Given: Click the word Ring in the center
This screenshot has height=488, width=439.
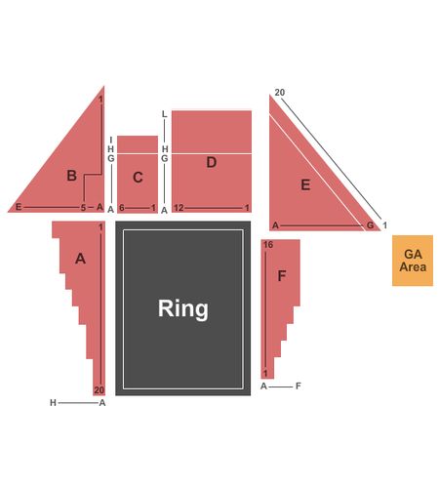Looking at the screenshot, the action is click(183, 308).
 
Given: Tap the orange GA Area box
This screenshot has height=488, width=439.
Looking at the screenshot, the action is click(413, 261).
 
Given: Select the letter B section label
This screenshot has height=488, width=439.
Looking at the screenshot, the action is click(71, 176).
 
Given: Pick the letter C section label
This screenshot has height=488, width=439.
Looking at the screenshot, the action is click(138, 178).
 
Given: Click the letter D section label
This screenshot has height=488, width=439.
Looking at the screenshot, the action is click(212, 162).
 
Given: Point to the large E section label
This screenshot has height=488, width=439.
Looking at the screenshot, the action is click(305, 184).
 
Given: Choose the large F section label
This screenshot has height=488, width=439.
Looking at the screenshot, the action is click(282, 276).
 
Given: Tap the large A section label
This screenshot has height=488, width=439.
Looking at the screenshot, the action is click(80, 259).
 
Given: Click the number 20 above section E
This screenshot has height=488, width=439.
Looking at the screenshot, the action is click(280, 93).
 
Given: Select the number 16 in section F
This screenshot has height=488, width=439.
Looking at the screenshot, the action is click(268, 245).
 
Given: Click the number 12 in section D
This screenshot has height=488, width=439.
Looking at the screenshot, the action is click(179, 208).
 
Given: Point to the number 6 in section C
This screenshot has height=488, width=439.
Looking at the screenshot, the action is click(122, 208).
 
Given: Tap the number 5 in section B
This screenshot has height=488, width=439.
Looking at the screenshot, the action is click(83, 208).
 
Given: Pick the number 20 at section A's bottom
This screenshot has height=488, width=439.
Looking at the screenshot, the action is click(100, 389).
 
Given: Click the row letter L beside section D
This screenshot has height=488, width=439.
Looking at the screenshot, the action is click(165, 114).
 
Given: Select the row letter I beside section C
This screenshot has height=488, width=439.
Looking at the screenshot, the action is click(111, 141).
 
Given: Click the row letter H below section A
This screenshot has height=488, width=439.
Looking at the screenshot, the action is click(53, 403).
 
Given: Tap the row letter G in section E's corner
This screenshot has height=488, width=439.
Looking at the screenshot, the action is click(370, 225).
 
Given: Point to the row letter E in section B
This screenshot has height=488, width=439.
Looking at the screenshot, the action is click(19, 207).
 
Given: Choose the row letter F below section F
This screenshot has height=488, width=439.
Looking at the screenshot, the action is click(299, 386).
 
